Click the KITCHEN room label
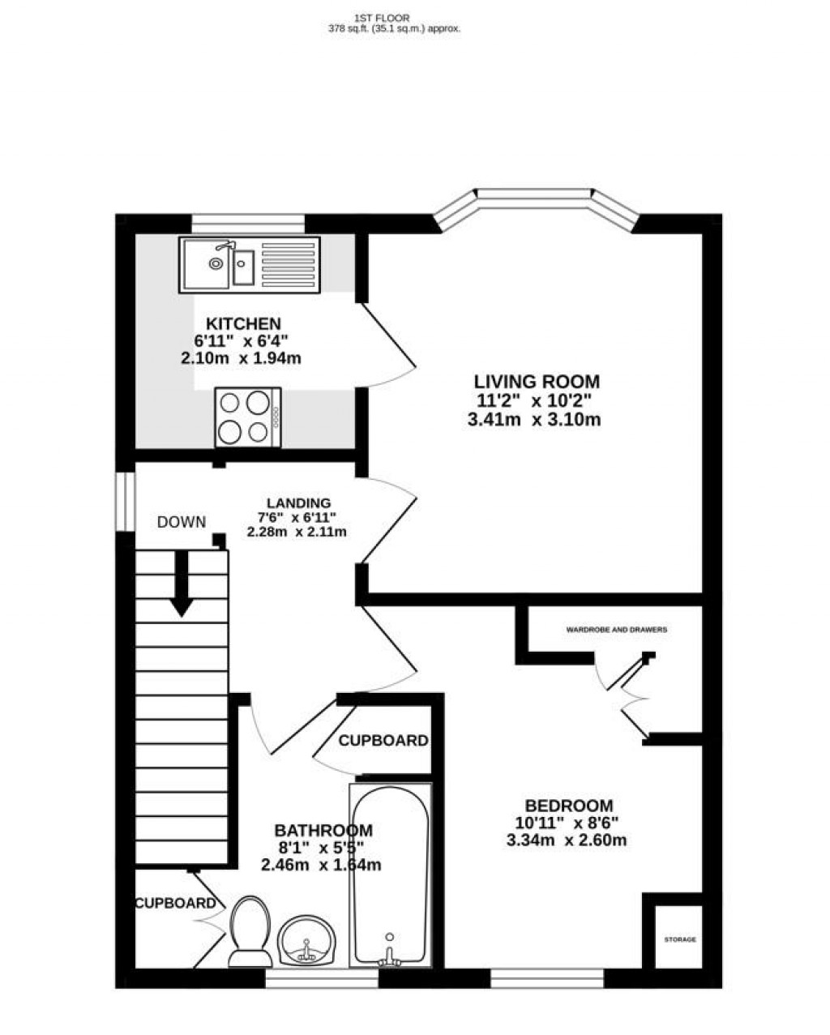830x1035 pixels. (x=242, y=324)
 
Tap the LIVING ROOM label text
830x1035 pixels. (x=537, y=381)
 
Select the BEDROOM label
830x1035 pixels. (x=568, y=806)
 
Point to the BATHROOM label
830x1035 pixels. (x=323, y=830)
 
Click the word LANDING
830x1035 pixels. (x=299, y=503)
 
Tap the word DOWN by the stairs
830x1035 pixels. (x=182, y=522)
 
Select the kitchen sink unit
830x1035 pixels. (x=250, y=264)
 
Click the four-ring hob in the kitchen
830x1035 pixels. (x=248, y=417)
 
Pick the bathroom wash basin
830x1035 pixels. (x=306, y=942)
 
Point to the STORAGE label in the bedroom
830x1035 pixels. (x=679, y=939)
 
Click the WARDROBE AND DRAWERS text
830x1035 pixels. (x=616, y=629)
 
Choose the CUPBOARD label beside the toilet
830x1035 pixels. (x=175, y=903)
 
